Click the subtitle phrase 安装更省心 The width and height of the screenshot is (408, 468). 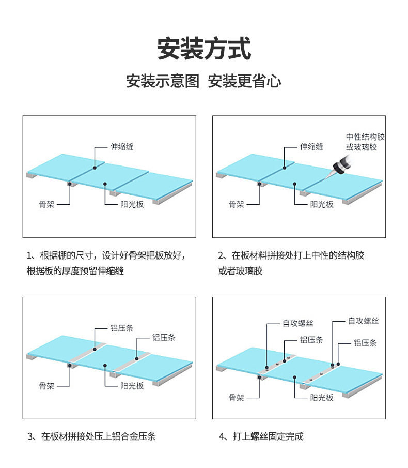(244, 81)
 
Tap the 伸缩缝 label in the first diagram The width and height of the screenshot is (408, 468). (122, 147)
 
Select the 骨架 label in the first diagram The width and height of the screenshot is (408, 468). (47, 204)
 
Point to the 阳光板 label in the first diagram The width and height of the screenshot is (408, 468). (132, 204)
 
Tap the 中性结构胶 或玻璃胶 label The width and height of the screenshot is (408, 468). (365, 142)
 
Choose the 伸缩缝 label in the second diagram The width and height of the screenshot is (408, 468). (312, 147)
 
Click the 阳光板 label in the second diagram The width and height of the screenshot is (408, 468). (322, 204)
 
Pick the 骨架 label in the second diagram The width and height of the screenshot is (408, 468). (237, 204)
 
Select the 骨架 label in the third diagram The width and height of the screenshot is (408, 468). (47, 386)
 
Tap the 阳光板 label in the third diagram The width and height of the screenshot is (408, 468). (132, 386)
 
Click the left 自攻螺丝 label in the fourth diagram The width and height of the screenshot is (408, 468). (298, 324)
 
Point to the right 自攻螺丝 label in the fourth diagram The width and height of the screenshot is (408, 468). (363, 321)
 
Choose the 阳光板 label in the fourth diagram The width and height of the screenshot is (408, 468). (322, 397)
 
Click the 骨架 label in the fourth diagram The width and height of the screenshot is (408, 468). (237, 397)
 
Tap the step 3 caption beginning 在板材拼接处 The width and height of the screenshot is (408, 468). (91, 436)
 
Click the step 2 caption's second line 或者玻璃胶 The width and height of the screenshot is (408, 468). (240, 271)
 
